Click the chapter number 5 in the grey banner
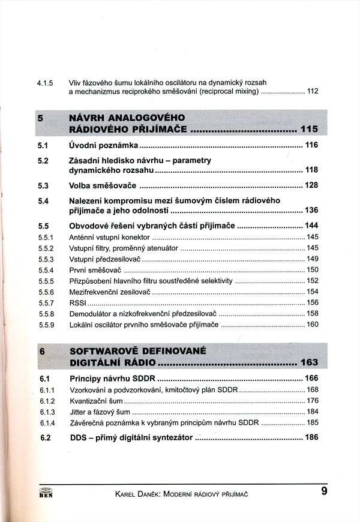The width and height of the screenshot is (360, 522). tap(41, 118)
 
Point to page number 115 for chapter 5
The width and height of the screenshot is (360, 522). tap(310, 129)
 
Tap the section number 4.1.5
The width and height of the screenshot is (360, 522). tap(46, 82)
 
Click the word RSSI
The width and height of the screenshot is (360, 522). tap(78, 303)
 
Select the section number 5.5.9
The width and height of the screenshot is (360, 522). tap(46, 325)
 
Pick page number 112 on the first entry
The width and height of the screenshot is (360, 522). tap(312, 91)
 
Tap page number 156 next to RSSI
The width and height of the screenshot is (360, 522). tap(312, 303)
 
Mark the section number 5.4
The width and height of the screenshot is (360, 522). tap(43, 201)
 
